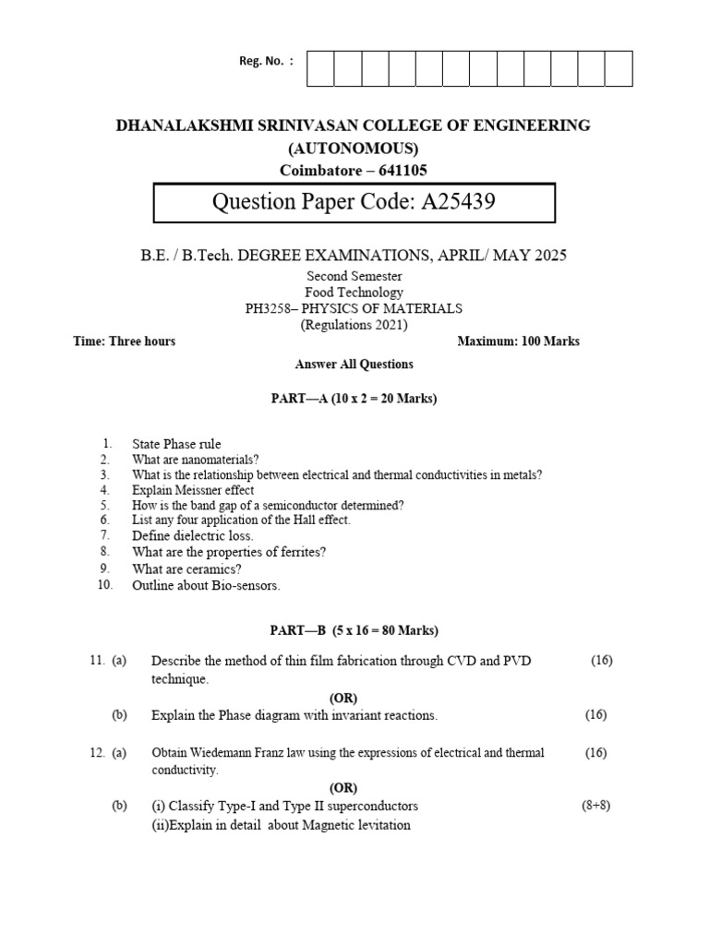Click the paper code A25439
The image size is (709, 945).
point(458,202)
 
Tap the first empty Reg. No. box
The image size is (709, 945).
point(320,69)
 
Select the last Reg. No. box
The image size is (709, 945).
point(619,69)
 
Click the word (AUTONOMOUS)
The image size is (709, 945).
point(354,149)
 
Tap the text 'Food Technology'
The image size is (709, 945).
point(354,293)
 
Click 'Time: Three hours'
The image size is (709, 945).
point(124,341)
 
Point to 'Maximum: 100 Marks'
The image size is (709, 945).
point(519,341)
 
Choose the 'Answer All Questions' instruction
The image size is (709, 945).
point(354,365)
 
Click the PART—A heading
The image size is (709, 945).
point(354,399)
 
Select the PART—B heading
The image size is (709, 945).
point(354,630)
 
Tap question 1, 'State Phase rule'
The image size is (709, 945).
point(176,444)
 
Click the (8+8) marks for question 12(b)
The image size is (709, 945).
point(595,805)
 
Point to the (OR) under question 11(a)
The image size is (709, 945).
point(343,697)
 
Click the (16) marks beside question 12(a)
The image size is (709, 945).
point(595,753)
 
